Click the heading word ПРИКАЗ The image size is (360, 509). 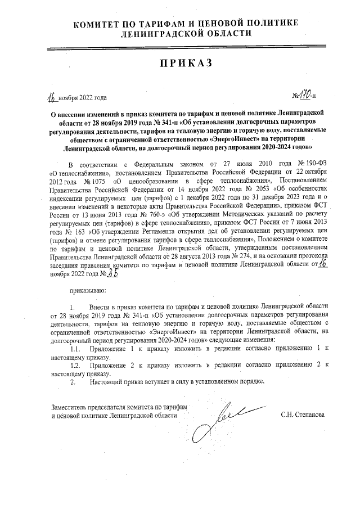[x=179, y=62]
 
